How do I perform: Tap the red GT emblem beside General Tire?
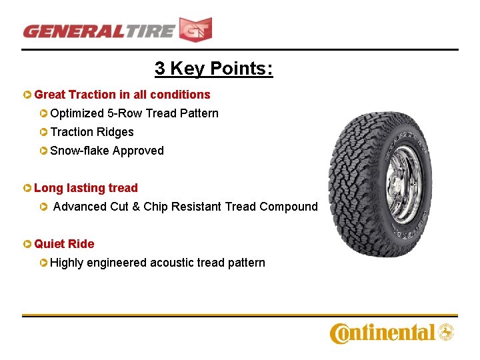195,30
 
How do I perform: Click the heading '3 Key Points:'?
213,68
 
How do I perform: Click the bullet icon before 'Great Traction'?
27,95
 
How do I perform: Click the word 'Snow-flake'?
80,151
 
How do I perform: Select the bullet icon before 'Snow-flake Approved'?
43,151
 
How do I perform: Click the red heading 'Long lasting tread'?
85,188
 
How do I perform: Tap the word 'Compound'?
289,207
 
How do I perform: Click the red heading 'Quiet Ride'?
64,244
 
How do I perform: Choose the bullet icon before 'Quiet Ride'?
27,244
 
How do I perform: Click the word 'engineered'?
116,263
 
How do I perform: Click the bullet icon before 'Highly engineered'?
43,263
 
